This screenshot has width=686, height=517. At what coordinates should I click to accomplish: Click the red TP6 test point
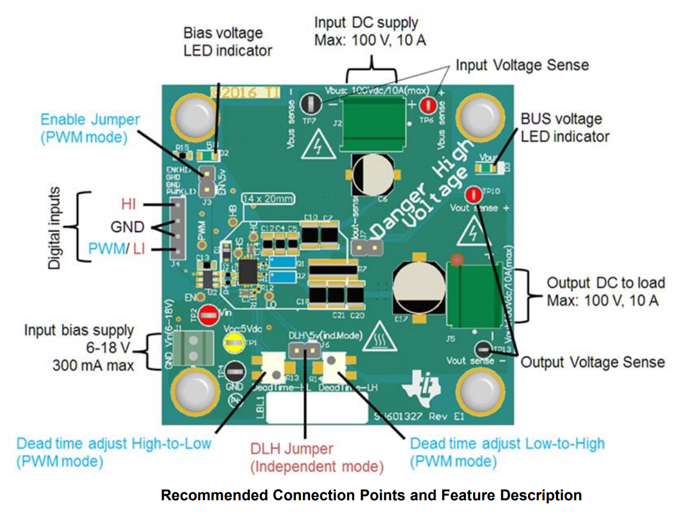[428, 106]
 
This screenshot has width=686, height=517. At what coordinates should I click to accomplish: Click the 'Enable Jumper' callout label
[90, 128]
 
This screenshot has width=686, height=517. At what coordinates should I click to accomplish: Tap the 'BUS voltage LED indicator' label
[565, 128]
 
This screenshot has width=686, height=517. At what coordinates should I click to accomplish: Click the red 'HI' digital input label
[128, 205]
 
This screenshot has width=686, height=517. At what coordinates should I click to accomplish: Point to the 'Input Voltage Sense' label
[522, 65]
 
